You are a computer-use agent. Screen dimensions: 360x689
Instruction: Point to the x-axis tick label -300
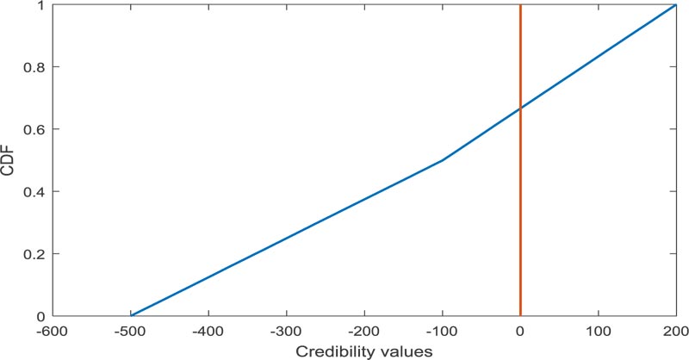pos(286,332)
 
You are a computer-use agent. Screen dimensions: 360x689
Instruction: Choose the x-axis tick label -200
pos(363,332)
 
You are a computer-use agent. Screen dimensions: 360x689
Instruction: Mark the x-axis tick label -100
pos(441,332)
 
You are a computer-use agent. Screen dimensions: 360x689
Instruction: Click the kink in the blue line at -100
pos(443,160)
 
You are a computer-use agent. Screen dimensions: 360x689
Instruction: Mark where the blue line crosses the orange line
pos(520,109)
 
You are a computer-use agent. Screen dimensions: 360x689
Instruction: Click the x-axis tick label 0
pos(520,332)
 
